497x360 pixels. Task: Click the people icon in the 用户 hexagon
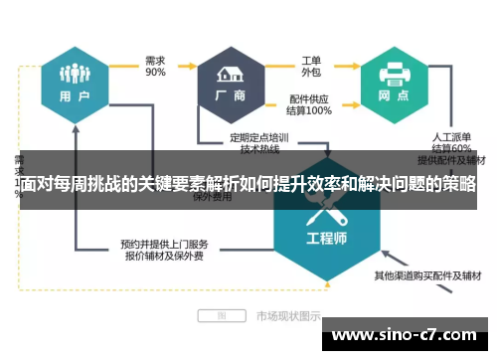tap(75, 75)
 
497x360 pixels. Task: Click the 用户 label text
tap(76, 97)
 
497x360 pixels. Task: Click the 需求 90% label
tap(155, 66)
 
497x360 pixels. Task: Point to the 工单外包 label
tap(312, 65)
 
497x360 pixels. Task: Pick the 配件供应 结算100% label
tap(311, 105)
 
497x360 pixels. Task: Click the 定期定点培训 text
tap(259, 136)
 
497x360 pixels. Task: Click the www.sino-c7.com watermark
tap(411, 335)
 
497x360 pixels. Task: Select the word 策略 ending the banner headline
tap(460, 186)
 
